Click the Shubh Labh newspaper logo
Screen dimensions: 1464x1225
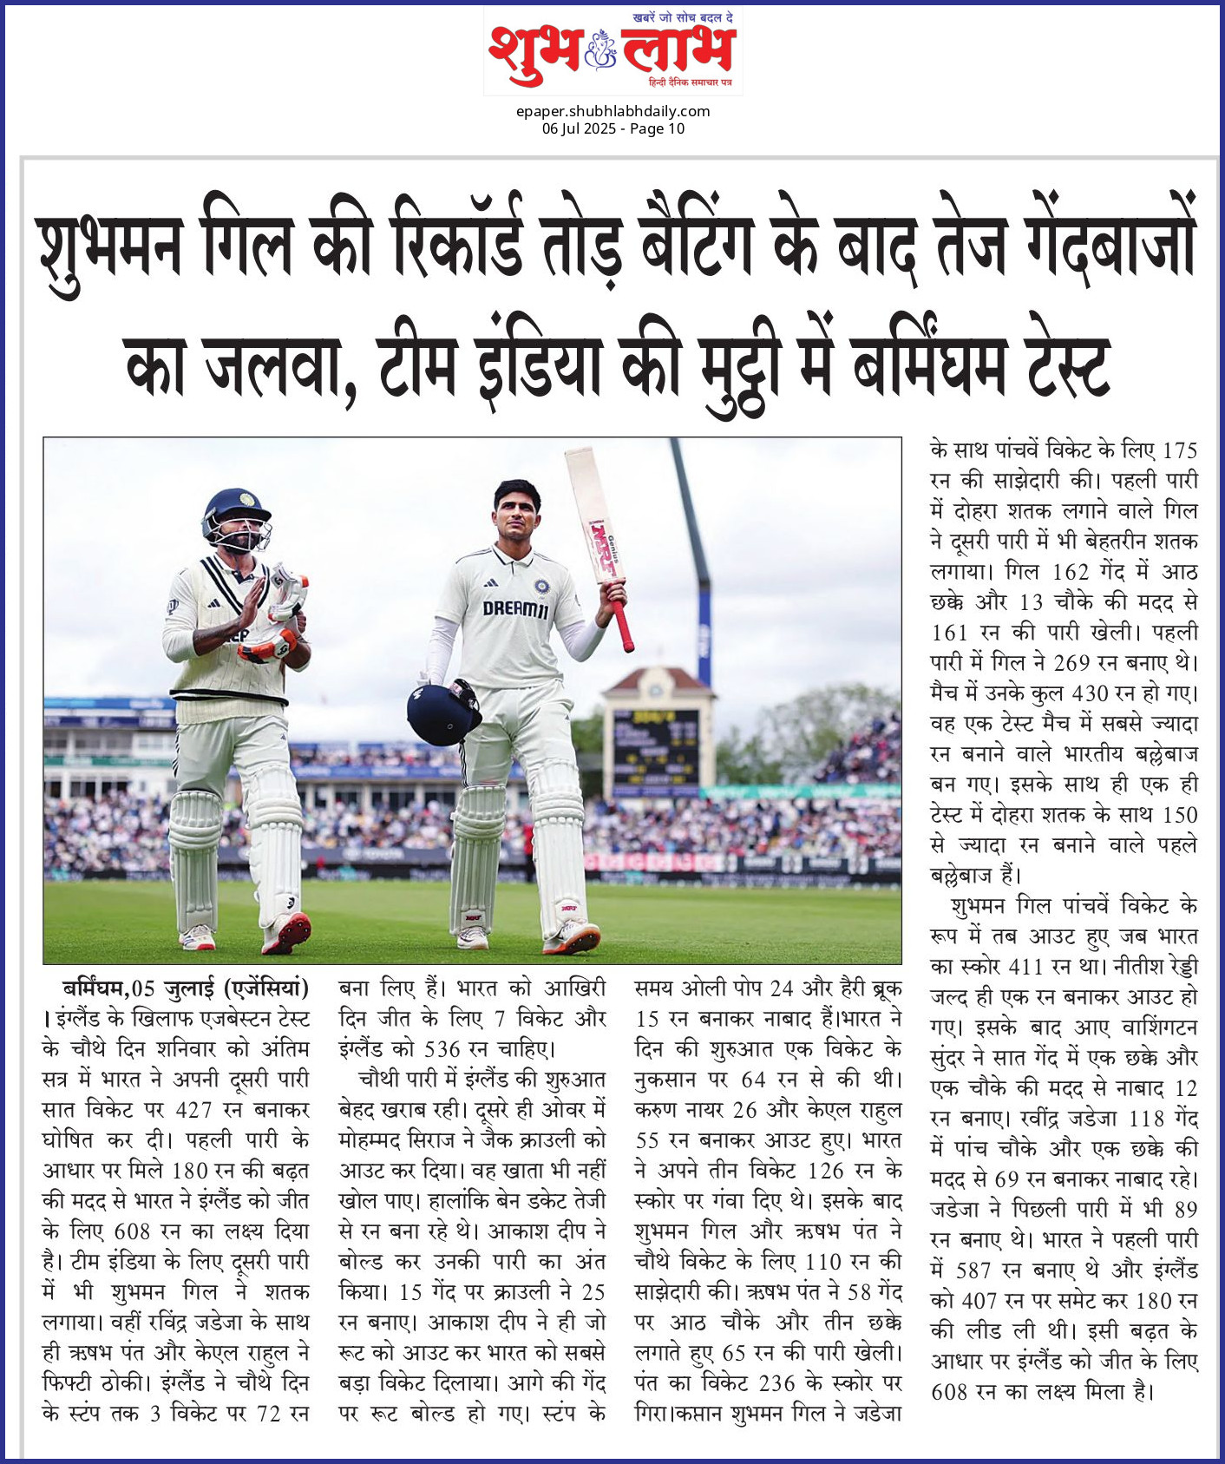click(x=612, y=50)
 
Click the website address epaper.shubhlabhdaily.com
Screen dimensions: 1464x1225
click(x=612, y=111)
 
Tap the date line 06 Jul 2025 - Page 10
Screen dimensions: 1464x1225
click(x=612, y=128)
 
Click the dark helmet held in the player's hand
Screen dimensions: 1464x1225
click(x=443, y=712)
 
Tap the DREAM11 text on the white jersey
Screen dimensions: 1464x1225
click(x=515, y=609)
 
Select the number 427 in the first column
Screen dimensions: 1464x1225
click(x=194, y=1110)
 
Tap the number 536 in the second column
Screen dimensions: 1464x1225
click(x=442, y=1049)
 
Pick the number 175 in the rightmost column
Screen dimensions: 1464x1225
click(x=1179, y=450)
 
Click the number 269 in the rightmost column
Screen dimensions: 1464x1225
click(x=1071, y=663)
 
